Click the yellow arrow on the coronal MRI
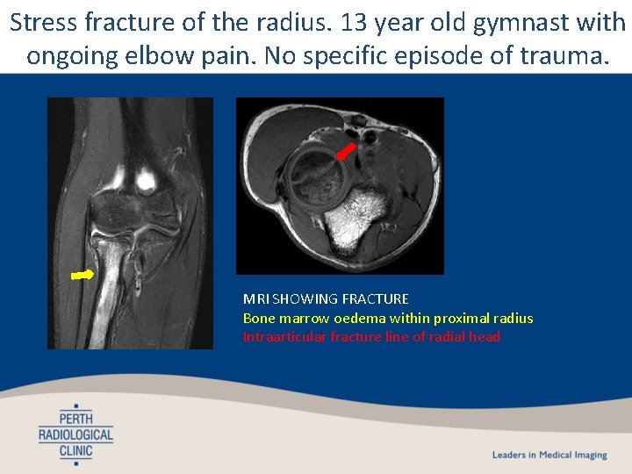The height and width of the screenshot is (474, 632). (82, 275)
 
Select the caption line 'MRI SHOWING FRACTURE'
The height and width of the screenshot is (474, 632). (326, 299)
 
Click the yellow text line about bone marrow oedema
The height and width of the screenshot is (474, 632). (387, 318)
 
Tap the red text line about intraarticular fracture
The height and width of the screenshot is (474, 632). (371, 336)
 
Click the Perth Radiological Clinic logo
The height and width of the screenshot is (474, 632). (75, 433)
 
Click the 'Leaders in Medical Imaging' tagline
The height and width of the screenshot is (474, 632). (549, 455)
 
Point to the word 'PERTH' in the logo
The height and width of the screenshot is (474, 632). (75, 417)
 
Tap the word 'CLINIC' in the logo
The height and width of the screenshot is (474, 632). (75, 450)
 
